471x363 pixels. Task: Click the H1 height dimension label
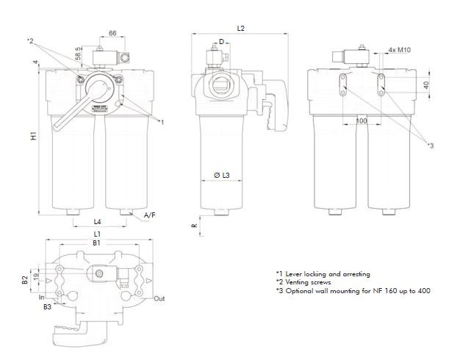click(x=34, y=137)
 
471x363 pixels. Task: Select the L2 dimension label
click(x=241, y=28)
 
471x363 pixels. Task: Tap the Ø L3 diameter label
click(x=222, y=176)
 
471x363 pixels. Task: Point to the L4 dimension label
click(x=98, y=220)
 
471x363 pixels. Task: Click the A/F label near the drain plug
click(x=149, y=215)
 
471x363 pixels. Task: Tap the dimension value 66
click(x=113, y=34)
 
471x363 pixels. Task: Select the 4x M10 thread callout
click(x=398, y=51)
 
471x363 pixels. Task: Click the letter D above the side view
click(x=221, y=42)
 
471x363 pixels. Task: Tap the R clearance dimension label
click(x=195, y=226)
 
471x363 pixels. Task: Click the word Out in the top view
click(x=159, y=299)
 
